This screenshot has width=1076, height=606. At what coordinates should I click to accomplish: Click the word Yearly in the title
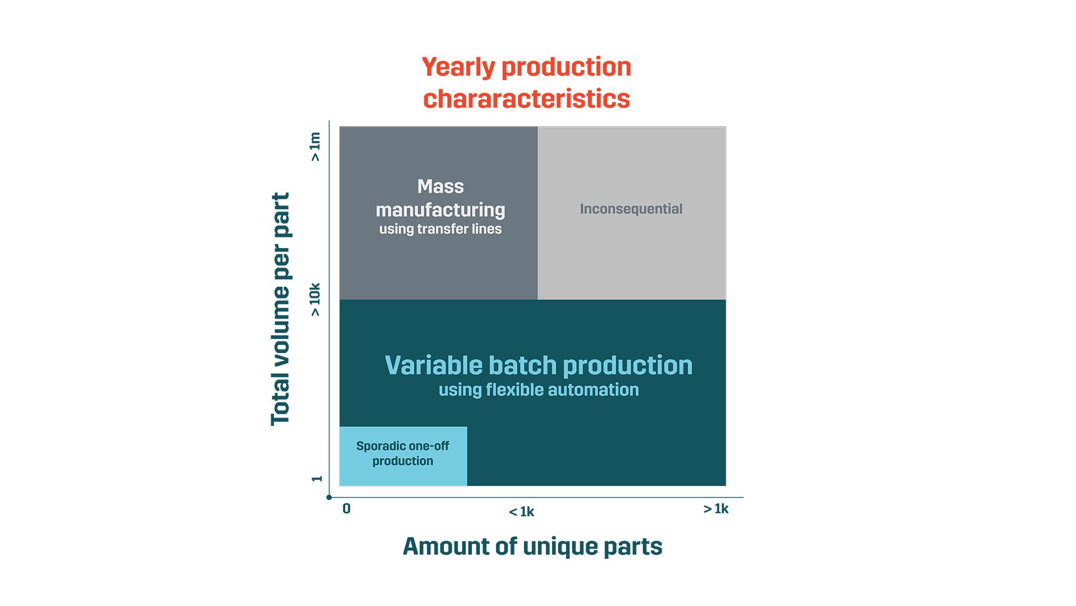tap(458, 67)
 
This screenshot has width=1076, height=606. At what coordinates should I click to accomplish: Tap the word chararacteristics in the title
tap(527, 99)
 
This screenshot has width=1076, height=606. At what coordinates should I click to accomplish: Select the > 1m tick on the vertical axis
tap(316, 146)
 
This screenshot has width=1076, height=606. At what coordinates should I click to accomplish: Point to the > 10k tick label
tap(316, 299)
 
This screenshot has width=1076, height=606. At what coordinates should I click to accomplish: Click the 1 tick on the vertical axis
tap(317, 479)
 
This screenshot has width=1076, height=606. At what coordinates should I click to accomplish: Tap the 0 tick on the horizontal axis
tap(347, 508)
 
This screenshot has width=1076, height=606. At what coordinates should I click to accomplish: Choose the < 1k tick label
tap(521, 512)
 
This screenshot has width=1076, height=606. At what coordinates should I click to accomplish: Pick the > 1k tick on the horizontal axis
tap(716, 508)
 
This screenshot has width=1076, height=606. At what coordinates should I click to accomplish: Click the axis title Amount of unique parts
tap(532, 546)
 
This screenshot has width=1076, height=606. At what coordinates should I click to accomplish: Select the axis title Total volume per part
tap(280, 309)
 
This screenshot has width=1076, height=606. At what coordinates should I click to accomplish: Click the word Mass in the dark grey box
tap(440, 186)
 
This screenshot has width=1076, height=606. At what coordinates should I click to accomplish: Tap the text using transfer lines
tap(440, 229)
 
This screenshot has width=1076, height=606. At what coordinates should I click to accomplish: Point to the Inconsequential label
tap(631, 209)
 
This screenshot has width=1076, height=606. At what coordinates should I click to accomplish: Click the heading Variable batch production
tap(539, 365)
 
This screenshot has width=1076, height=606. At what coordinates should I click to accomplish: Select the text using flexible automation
tap(539, 390)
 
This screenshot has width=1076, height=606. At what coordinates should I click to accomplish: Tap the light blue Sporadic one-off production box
tap(403, 456)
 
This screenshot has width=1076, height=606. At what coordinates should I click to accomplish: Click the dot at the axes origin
tap(329, 497)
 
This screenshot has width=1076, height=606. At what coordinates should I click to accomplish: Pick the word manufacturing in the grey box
tap(440, 210)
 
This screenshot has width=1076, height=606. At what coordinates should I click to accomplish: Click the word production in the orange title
tap(566, 68)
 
